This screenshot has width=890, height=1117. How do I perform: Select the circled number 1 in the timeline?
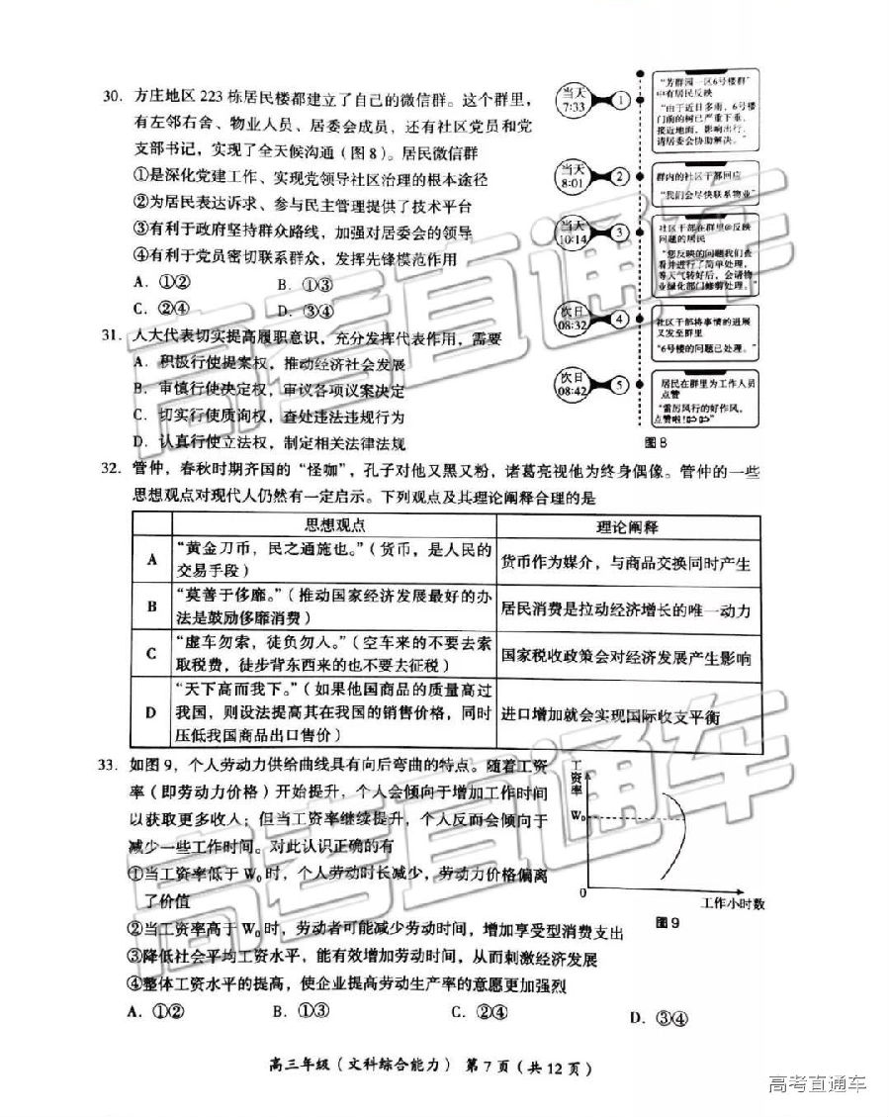pos(620,100)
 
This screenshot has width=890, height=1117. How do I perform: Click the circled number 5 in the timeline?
pos(620,384)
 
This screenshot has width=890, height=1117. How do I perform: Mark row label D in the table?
pos(151,712)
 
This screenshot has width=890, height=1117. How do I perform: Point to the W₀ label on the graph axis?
pos(580,817)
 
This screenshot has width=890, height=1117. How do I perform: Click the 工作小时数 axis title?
pos(733,903)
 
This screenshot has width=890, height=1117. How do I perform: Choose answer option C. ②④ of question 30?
pos(160,308)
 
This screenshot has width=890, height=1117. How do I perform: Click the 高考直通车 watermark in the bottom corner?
pos(817,1083)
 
